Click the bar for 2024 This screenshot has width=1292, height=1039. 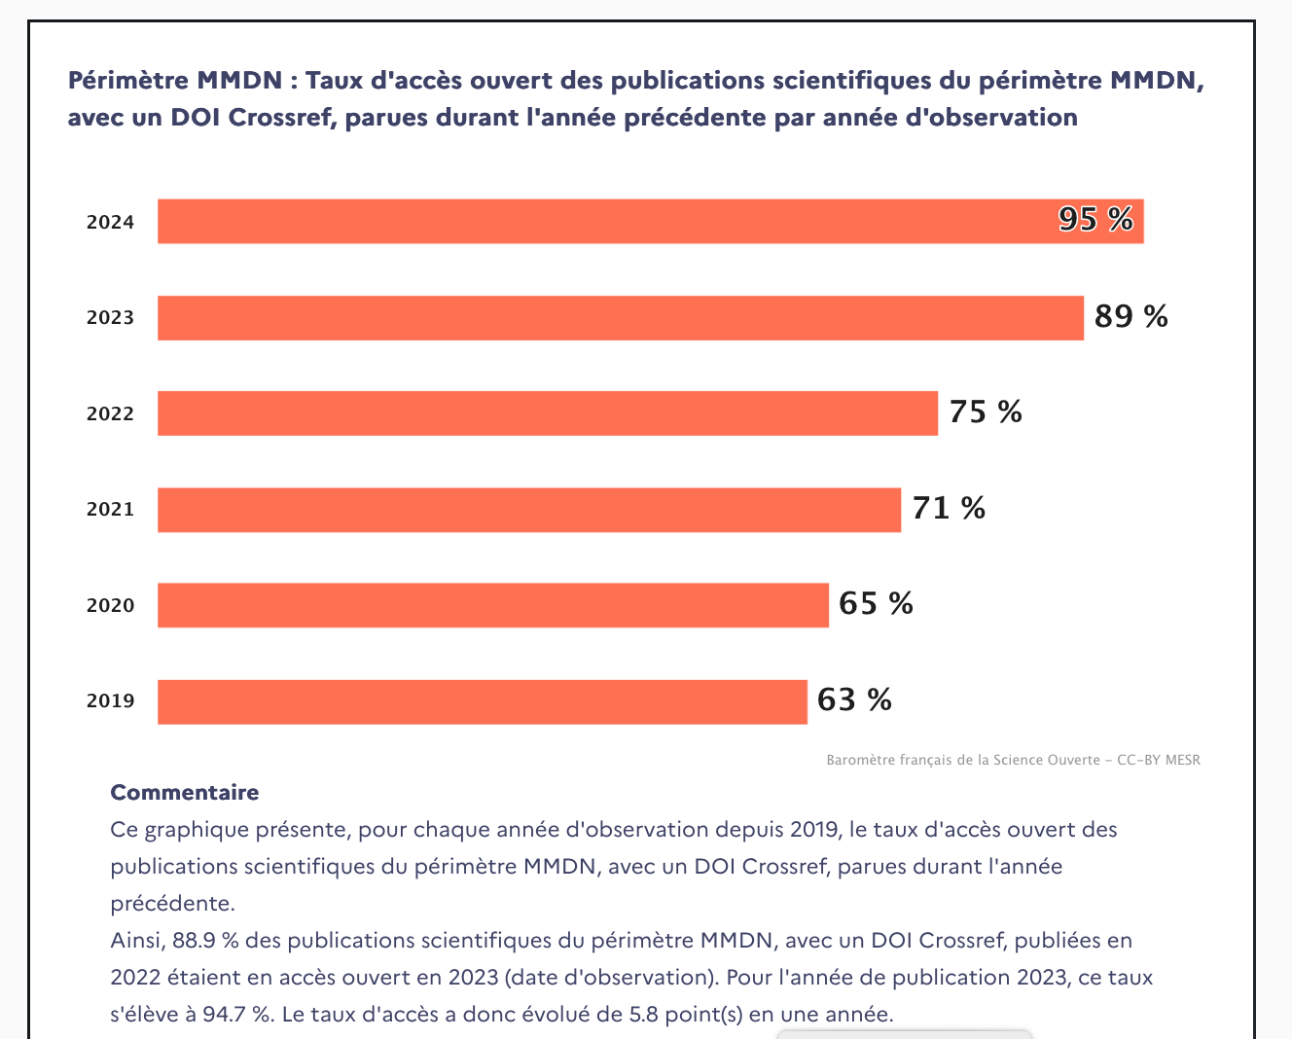click(x=650, y=221)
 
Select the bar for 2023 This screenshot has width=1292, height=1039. click(x=620, y=317)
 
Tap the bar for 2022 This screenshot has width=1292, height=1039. click(x=547, y=413)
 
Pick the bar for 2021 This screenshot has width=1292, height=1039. click(x=528, y=509)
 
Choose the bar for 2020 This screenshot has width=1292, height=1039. click(x=492, y=605)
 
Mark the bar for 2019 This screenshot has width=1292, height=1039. click(x=482, y=701)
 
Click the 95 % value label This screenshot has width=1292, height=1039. click(x=1095, y=220)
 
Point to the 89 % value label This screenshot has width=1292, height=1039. click(x=1130, y=316)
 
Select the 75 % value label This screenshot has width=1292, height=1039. click(x=986, y=412)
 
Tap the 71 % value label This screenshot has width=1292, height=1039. click(x=949, y=508)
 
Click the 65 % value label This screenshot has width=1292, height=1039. click(x=876, y=604)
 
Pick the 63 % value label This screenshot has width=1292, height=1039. click(x=854, y=700)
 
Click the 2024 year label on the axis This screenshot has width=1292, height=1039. click(x=110, y=222)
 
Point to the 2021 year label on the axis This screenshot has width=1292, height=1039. click(x=110, y=509)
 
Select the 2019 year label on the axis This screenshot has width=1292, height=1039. click(x=110, y=700)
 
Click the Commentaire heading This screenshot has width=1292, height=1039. click(x=185, y=793)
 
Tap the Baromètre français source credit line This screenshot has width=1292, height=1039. click(x=1013, y=760)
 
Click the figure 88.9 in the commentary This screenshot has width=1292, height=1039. click(x=192, y=941)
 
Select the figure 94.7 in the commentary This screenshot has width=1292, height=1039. click(x=225, y=1015)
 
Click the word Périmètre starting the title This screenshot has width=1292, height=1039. click(x=126, y=80)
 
